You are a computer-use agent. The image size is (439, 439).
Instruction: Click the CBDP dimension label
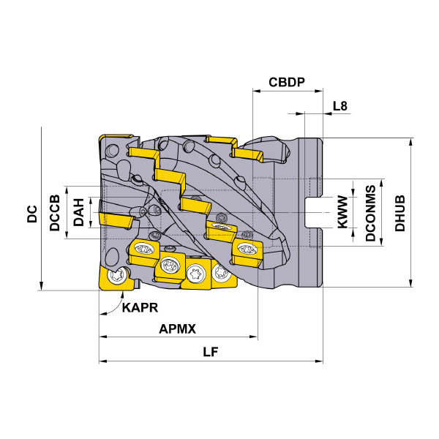(286, 82)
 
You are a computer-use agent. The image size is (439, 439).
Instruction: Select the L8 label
(339, 107)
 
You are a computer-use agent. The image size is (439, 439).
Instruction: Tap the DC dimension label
(31, 214)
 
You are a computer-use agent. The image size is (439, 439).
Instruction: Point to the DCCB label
(55, 213)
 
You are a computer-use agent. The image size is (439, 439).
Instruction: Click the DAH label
(78, 213)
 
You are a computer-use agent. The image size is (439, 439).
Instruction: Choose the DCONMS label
(371, 213)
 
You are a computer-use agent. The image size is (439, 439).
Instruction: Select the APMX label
(178, 329)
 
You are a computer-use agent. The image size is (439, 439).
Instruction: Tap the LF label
(211, 352)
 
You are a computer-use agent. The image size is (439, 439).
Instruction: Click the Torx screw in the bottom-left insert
(116, 277)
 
